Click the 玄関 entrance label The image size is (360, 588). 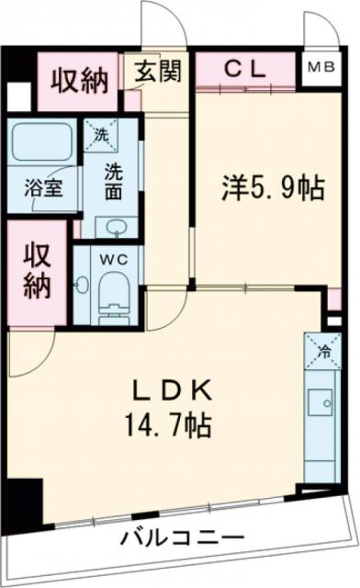click(159, 71)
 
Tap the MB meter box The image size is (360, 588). click(321, 68)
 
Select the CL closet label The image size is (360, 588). click(246, 68)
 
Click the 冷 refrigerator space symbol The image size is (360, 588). click(323, 350)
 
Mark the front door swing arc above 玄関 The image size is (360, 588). click(161, 23)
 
